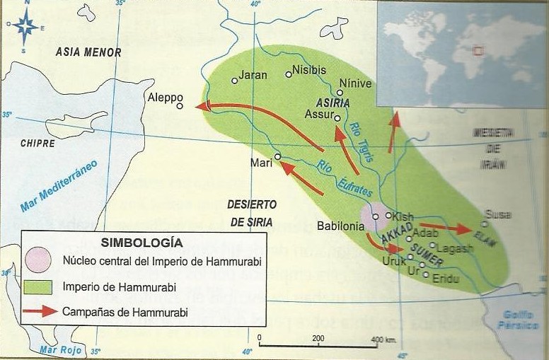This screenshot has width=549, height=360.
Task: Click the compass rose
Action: point(25,26)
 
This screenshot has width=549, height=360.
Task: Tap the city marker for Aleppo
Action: point(180,106)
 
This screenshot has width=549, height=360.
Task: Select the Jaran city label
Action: point(254,74)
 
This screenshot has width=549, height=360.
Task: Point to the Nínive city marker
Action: point(340,93)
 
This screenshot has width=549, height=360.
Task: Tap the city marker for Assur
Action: point(337,118)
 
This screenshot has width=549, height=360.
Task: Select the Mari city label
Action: point(262,162)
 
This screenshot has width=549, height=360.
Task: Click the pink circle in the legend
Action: point(40,260)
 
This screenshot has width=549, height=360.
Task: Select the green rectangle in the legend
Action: point(40,287)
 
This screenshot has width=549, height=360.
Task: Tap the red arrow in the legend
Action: point(40,312)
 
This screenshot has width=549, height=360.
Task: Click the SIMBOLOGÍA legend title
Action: point(142,241)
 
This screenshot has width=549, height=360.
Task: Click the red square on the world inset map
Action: point(478,51)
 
